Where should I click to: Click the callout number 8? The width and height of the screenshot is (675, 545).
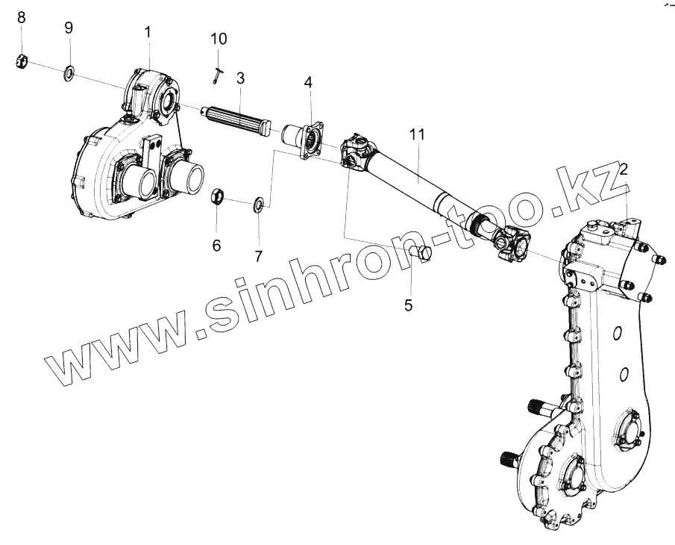pyautogui.click(x=21, y=17)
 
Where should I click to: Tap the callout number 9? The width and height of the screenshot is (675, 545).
pyautogui.click(x=69, y=28)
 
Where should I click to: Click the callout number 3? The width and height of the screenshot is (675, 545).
pyautogui.click(x=240, y=78)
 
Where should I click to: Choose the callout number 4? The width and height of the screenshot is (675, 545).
pyautogui.click(x=308, y=82)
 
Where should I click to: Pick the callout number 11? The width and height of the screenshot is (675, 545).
pyautogui.click(x=416, y=135)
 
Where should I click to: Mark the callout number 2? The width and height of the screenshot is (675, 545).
pyautogui.click(x=624, y=169)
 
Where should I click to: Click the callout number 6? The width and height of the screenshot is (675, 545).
pyautogui.click(x=217, y=245)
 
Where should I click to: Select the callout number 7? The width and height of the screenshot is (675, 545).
pyautogui.click(x=259, y=256)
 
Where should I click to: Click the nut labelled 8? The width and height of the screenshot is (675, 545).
pyautogui.click(x=22, y=61)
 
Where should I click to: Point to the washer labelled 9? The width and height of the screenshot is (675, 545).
pyautogui.click(x=69, y=73)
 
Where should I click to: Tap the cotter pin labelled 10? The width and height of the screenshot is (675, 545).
pyautogui.click(x=216, y=72)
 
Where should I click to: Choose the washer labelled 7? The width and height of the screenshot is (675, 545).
pyautogui.click(x=258, y=203)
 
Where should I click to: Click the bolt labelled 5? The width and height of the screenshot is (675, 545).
pyautogui.click(x=422, y=253)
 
